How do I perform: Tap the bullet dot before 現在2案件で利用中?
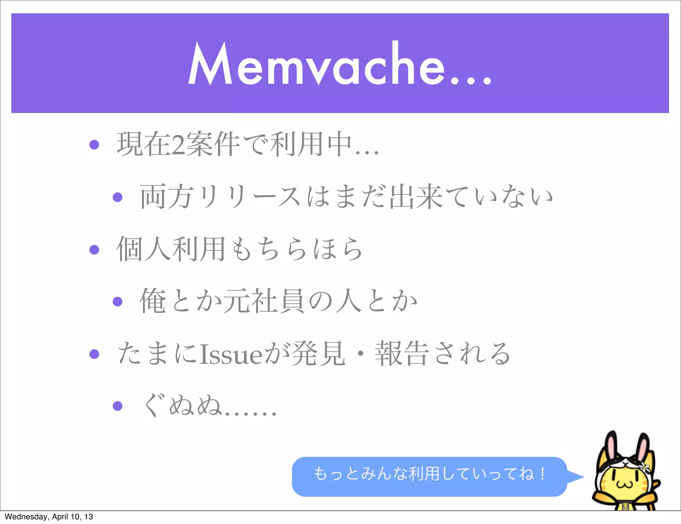(x=94, y=145)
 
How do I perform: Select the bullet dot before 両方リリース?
(x=118, y=197)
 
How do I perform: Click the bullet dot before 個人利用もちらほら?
(x=94, y=249)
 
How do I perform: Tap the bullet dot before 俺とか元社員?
(x=118, y=302)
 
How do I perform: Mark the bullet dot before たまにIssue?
(x=94, y=354)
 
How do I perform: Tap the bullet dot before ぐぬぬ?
(x=118, y=406)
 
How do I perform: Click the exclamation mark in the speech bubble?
(x=543, y=473)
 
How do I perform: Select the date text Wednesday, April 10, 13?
(x=49, y=517)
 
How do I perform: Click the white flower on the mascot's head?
(x=645, y=468)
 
